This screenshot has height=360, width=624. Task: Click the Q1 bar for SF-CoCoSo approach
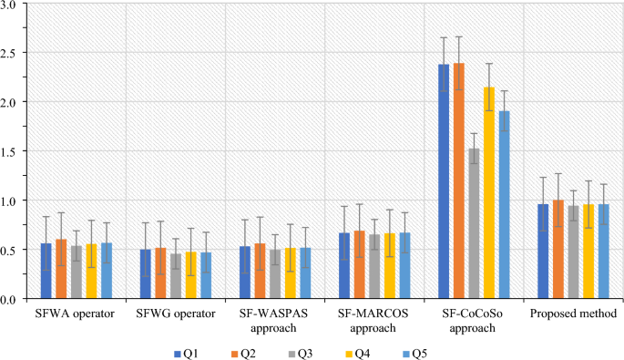coord(444,181)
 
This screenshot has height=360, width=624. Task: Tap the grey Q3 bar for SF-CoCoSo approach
coord(474,223)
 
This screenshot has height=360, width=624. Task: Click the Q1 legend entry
coord(187,351)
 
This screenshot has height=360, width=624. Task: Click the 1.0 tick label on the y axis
coord(13,201)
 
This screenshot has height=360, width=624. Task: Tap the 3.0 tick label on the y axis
coord(13,5)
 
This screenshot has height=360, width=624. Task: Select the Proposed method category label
coord(573,314)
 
